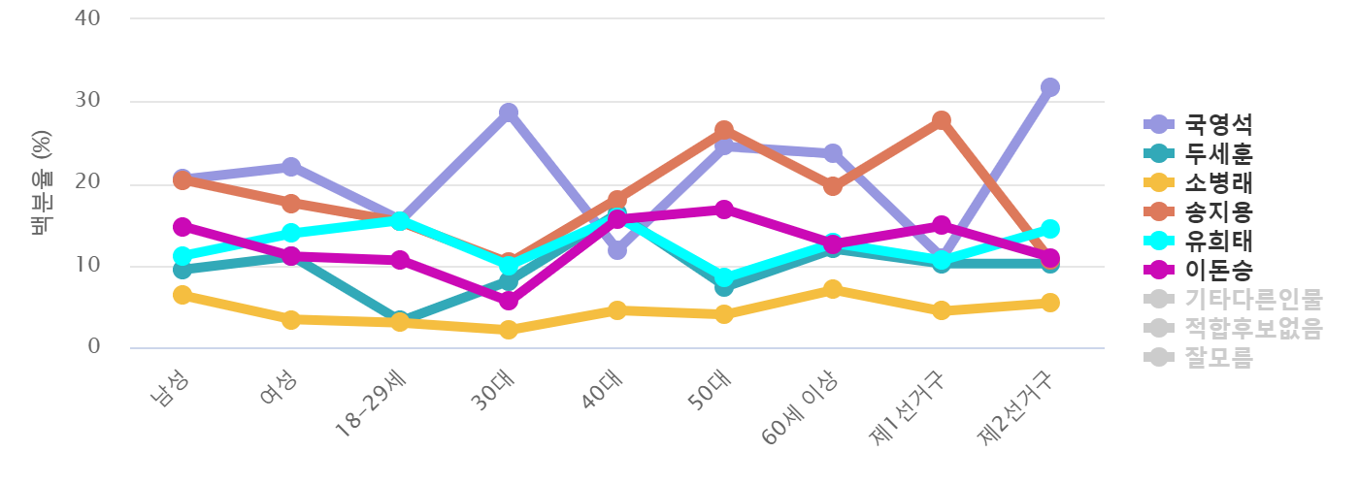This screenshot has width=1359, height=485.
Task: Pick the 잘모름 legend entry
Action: pos(1218,357)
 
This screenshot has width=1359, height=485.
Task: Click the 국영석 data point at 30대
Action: pos(509,113)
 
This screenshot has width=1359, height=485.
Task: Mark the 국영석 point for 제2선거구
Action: pos(1049,87)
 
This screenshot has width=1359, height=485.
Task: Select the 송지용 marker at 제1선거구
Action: pos(941,120)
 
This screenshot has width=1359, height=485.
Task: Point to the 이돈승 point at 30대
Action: pos(509,302)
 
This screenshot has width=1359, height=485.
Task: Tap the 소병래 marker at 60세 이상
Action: pos(833,289)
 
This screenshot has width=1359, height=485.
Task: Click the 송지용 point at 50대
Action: pos(724,130)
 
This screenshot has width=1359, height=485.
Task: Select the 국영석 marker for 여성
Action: pos(291,167)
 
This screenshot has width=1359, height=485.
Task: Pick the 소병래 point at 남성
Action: pos(182,295)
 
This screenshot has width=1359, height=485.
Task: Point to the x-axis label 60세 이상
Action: pos(801,408)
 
